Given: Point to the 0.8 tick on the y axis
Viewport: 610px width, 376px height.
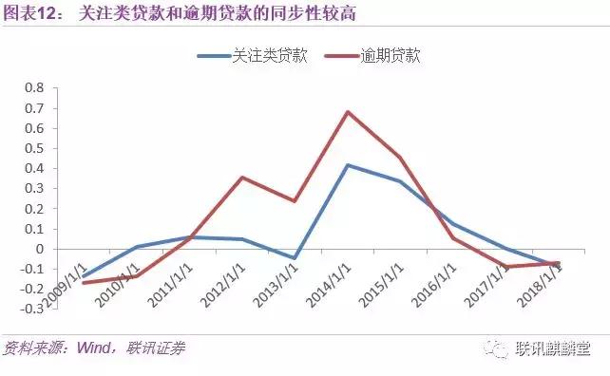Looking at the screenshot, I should [34, 87].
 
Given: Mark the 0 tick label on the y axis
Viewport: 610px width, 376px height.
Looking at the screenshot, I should [39, 249].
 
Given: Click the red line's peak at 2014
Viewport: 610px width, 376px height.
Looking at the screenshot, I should [348, 112].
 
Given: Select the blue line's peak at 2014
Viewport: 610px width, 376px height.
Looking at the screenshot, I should [348, 165].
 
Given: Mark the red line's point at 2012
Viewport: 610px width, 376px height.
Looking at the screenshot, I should [243, 178].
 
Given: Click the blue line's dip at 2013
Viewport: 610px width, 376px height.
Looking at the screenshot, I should [295, 258].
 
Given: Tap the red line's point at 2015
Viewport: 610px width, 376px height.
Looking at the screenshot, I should [400, 157].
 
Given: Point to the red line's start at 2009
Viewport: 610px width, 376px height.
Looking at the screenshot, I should [84, 283].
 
